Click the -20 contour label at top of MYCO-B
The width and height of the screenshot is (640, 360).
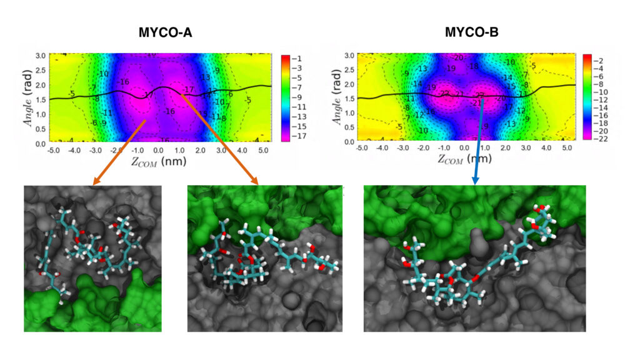tap(457, 57)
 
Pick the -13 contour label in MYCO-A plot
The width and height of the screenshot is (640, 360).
tap(206, 77)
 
